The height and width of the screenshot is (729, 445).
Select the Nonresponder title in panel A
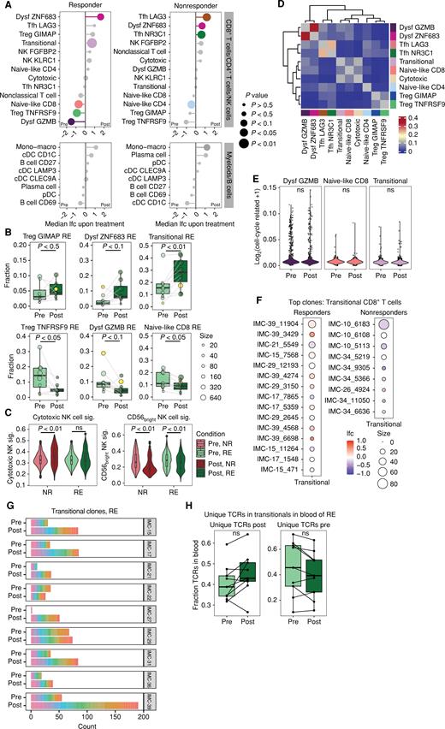pyautogui.click(x=161, y=5)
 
